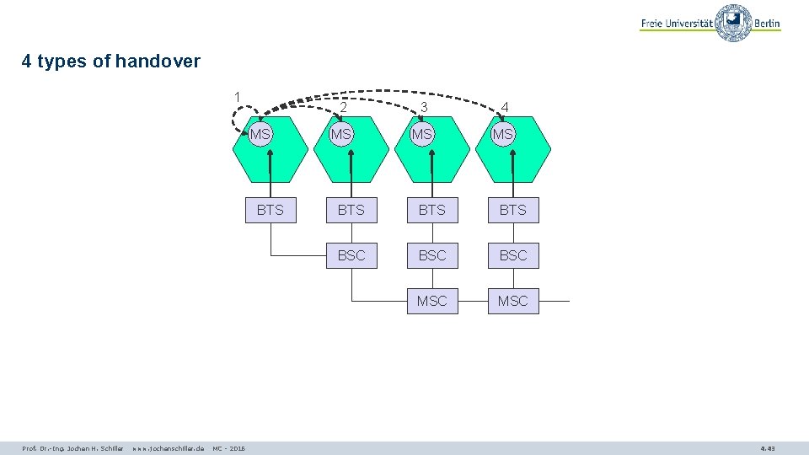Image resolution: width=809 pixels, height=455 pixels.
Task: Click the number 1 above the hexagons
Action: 238,96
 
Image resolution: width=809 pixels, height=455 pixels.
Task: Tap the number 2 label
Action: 344,107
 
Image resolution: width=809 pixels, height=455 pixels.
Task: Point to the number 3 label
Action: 424,107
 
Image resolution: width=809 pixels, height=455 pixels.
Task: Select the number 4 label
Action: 504,107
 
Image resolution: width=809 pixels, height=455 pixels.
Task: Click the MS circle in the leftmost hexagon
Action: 261,135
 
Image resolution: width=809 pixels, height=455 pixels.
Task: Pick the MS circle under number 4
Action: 503,135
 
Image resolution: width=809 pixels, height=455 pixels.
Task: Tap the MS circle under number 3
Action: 422,135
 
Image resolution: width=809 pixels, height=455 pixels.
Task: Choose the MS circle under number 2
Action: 341,135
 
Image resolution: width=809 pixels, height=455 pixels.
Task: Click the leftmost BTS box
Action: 271,210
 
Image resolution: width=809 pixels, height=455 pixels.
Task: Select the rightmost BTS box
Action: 513,210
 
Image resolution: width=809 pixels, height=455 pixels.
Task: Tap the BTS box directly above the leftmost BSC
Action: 351,210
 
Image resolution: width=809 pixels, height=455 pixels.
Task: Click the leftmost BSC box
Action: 351,255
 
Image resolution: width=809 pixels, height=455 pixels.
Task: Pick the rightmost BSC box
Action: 513,255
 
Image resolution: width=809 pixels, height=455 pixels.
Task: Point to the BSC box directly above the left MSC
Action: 432,255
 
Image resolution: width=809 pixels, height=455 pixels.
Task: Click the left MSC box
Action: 432,301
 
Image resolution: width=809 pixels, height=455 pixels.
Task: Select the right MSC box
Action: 513,301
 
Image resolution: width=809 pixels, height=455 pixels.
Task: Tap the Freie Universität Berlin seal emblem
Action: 733,23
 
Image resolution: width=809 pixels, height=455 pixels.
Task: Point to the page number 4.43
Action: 767,448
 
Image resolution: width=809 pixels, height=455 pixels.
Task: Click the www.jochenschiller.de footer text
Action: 168,448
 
